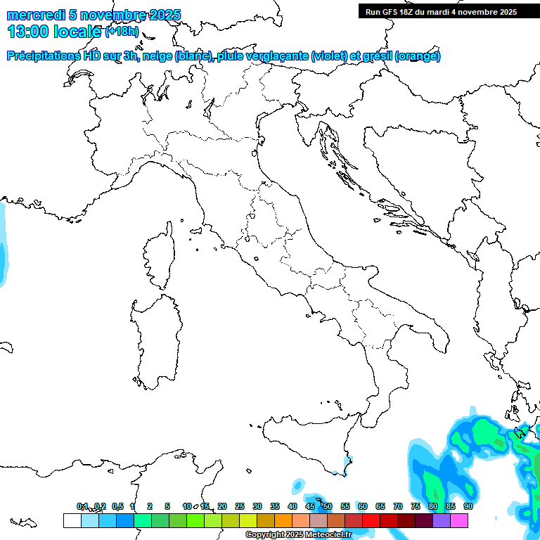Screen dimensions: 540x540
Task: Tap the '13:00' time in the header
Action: pyautogui.click(x=28, y=32)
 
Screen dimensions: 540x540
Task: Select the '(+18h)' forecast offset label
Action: pyautogui.click(x=122, y=32)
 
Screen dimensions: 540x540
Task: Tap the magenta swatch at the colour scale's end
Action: pyautogui.click(x=459, y=520)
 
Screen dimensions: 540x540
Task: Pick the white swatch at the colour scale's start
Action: pyautogui.click(x=72, y=520)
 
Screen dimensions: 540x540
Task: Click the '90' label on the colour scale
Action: pyautogui.click(x=468, y=506)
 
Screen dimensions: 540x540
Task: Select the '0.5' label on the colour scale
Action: pyautogui.click(x=117, y=506)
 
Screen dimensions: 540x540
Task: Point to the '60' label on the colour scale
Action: pyautogui.click(x=362, y=506)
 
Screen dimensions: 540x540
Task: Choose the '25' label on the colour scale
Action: pyautogui.click(x=240, y=506)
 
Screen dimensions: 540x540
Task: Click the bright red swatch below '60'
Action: pyautogui.click(x=371, y=520)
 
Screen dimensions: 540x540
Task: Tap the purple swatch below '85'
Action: pyautogui.click(x=442, y=520)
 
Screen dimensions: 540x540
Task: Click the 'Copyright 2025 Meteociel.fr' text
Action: pyautogui.click(x=298, y=535)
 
